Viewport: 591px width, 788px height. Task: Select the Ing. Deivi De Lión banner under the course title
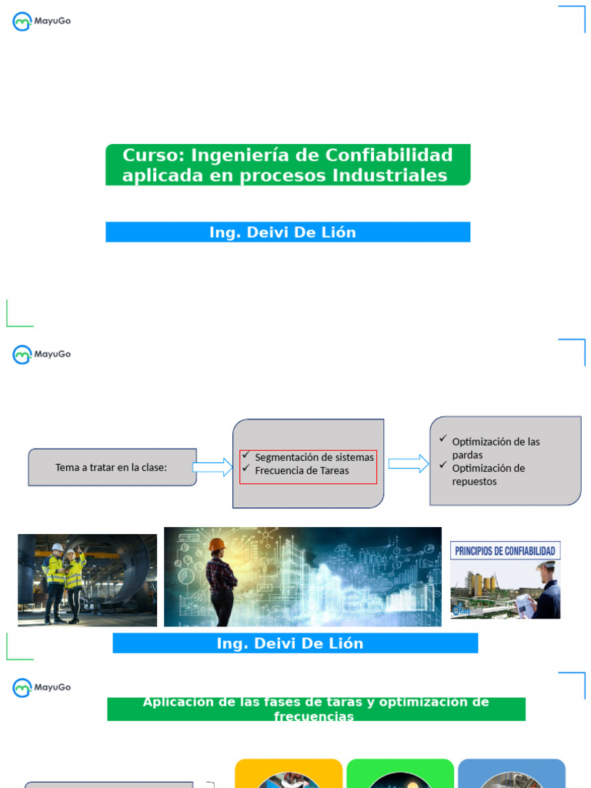pos(287,232)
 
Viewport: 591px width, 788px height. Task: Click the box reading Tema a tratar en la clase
pos(112,467)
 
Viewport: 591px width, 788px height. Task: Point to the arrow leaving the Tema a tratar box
pos(212,467)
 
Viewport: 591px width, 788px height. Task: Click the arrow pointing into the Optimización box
pos(409,463)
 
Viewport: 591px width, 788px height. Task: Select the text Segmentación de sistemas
pos(314,457)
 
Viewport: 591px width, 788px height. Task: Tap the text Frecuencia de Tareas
pos(302,470)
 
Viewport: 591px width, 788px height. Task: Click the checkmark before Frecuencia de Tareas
pos(245,469)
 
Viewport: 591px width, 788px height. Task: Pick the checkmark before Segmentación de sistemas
pos(245,456)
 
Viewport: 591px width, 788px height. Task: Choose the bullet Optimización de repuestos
pos(488,475)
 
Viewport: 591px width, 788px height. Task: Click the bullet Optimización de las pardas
pos(496,448)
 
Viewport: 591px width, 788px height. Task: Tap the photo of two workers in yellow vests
pos(87,579)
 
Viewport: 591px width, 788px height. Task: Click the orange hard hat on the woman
pos(216,545)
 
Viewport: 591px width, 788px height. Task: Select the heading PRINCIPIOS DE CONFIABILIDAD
pos(505,551)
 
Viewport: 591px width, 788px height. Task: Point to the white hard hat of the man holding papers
pos(547,566)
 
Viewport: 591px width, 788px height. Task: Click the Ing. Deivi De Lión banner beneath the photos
pos(295,643)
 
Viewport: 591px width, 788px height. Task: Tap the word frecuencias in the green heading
pos(314,716)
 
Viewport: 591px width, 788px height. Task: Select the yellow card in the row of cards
pos(288,773)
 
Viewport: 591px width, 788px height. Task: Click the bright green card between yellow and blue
pos(400,773)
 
